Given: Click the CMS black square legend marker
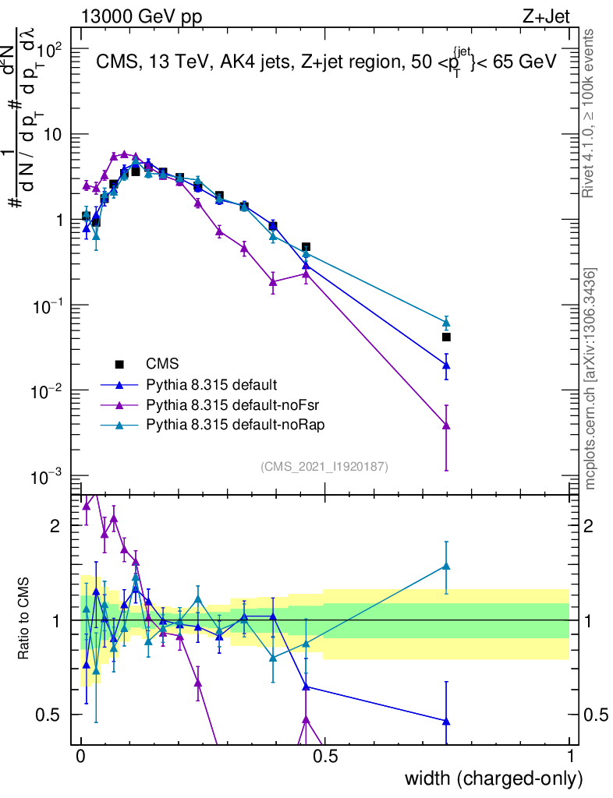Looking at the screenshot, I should pos(119,364).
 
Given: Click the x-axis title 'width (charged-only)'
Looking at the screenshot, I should pos(493,779).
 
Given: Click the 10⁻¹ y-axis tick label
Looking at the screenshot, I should pos(48,305).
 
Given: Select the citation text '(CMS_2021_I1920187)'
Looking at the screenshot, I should pos(324,466).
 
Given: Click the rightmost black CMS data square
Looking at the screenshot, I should pos(446,337).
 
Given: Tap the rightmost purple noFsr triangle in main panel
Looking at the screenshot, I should pos(446,425).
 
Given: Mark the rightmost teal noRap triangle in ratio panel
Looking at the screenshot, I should pos(446,567).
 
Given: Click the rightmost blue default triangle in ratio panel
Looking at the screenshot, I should pos(446,721).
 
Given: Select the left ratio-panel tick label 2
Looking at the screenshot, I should pos(55,526).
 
